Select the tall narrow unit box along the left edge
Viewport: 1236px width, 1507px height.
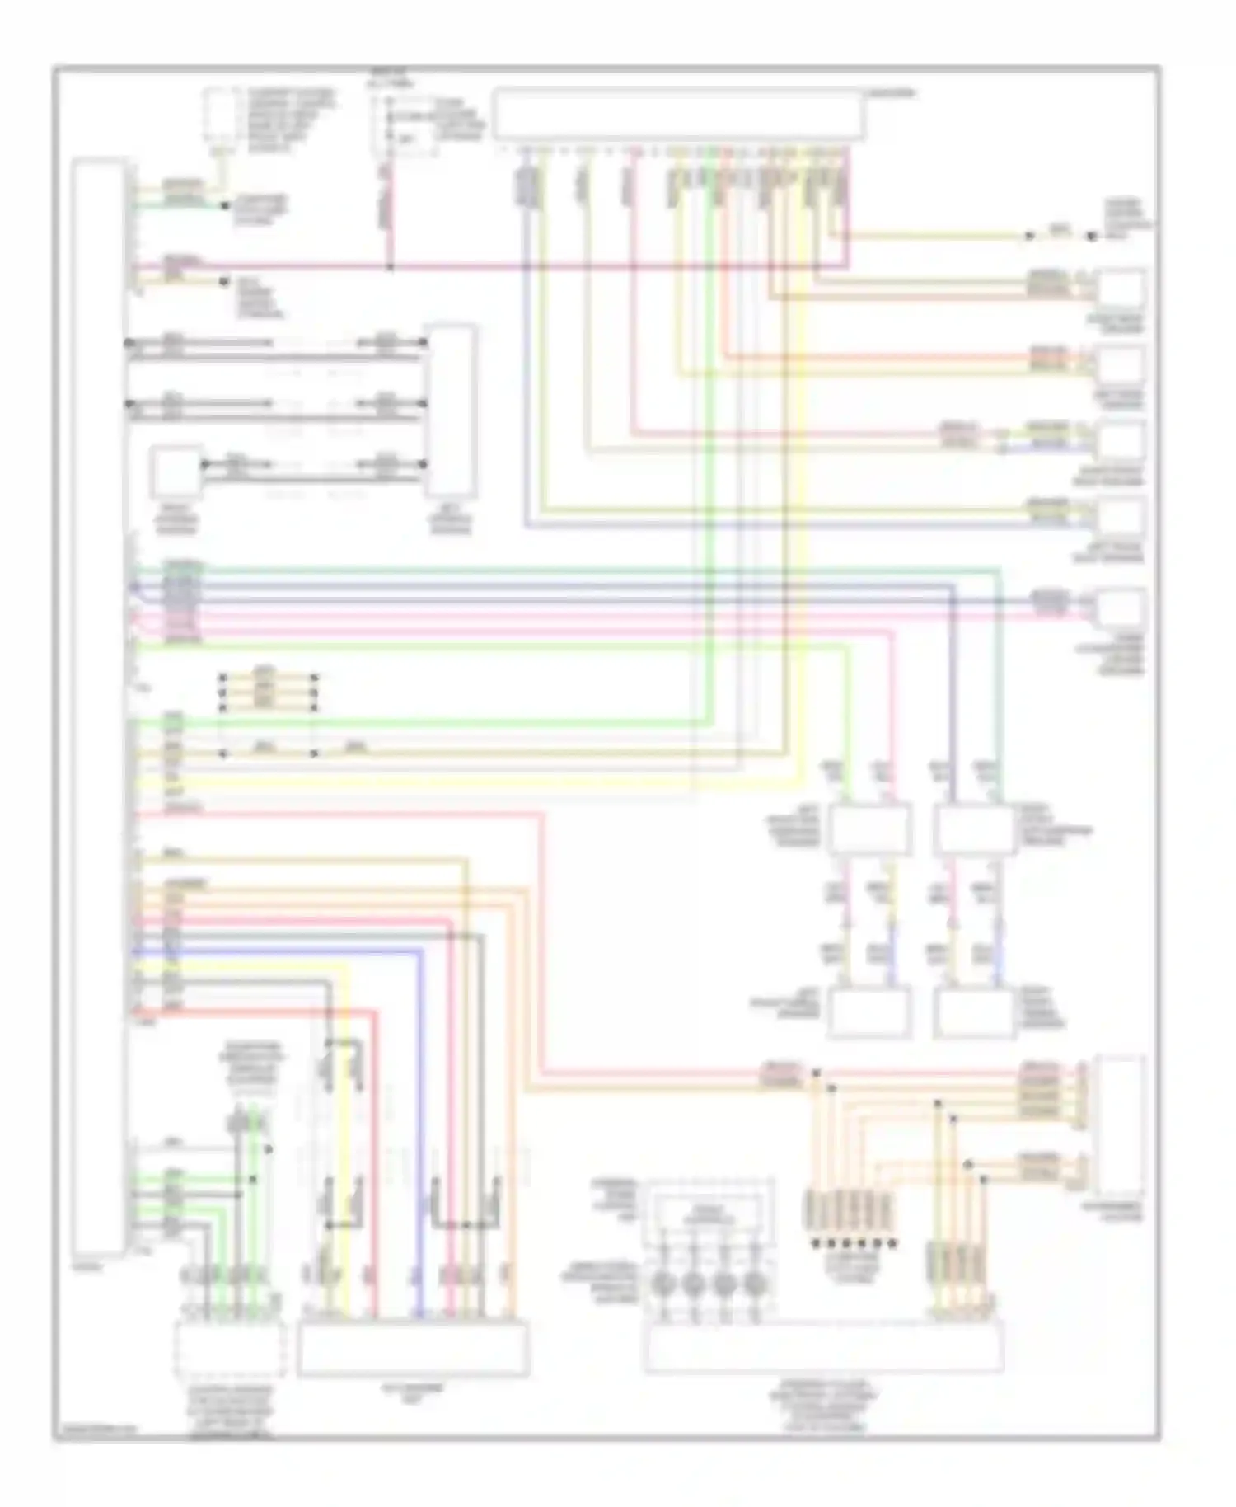point(100,717)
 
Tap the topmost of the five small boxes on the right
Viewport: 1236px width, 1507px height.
point(1121,290)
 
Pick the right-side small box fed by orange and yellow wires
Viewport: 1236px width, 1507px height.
point(1121,364)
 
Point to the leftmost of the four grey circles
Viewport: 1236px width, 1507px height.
point(663,1283)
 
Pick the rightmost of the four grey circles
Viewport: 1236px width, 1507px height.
point(754,1283)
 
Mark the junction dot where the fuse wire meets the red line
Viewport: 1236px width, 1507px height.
point(390,267)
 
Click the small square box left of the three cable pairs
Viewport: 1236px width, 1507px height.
point(175,472)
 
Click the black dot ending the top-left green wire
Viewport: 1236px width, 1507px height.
point(224,206)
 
